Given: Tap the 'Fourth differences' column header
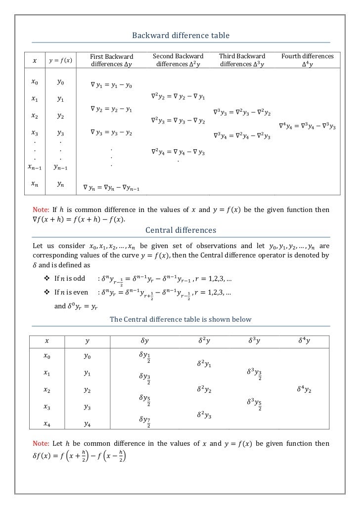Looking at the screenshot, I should (307, 60).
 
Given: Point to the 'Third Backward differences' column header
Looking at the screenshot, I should (242, 60).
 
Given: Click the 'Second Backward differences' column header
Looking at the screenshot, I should (177, 60).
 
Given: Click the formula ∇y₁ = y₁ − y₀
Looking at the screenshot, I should (111, 85).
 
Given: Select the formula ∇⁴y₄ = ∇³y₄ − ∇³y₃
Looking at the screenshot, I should (307, 127).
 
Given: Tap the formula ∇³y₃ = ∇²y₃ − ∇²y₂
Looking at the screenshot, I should (242, 113).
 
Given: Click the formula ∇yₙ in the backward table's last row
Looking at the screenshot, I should (111, 187).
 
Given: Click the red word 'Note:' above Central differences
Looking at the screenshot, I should (41, 210).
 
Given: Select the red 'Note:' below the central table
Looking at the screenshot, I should (41, 443).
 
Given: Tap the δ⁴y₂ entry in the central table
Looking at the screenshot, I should (304, 390).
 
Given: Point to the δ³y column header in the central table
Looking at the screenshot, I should (254, 340).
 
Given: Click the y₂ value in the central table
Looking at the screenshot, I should (87, 390).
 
